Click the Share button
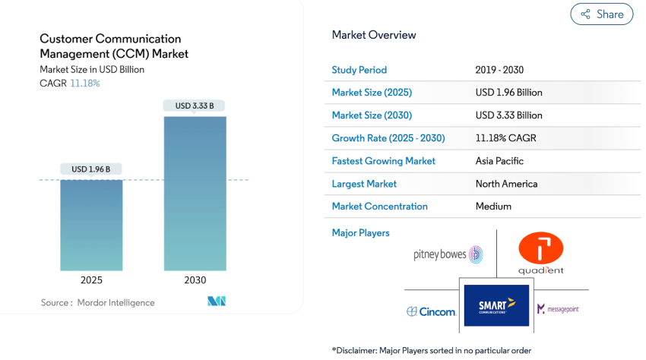[x=601, y=14]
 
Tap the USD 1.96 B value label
[x=91, y=169]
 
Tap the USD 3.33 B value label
[x=195, y=106]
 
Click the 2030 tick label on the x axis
[x=195, y=280]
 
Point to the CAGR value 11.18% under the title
[x=85, y=83]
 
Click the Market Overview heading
[x=374, y=35]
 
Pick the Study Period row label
[x=359, y=70]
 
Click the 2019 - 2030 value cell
[x=499, y=70]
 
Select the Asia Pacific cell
[x=499, y=161]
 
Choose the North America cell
[x=506, y=184]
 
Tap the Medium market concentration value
[x=493, y=207]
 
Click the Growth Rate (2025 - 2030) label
[x=388, y=138]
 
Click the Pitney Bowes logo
[x=448, y=254]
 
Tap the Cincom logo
[x=431, y=311]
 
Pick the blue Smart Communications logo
[x=496, y=306]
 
